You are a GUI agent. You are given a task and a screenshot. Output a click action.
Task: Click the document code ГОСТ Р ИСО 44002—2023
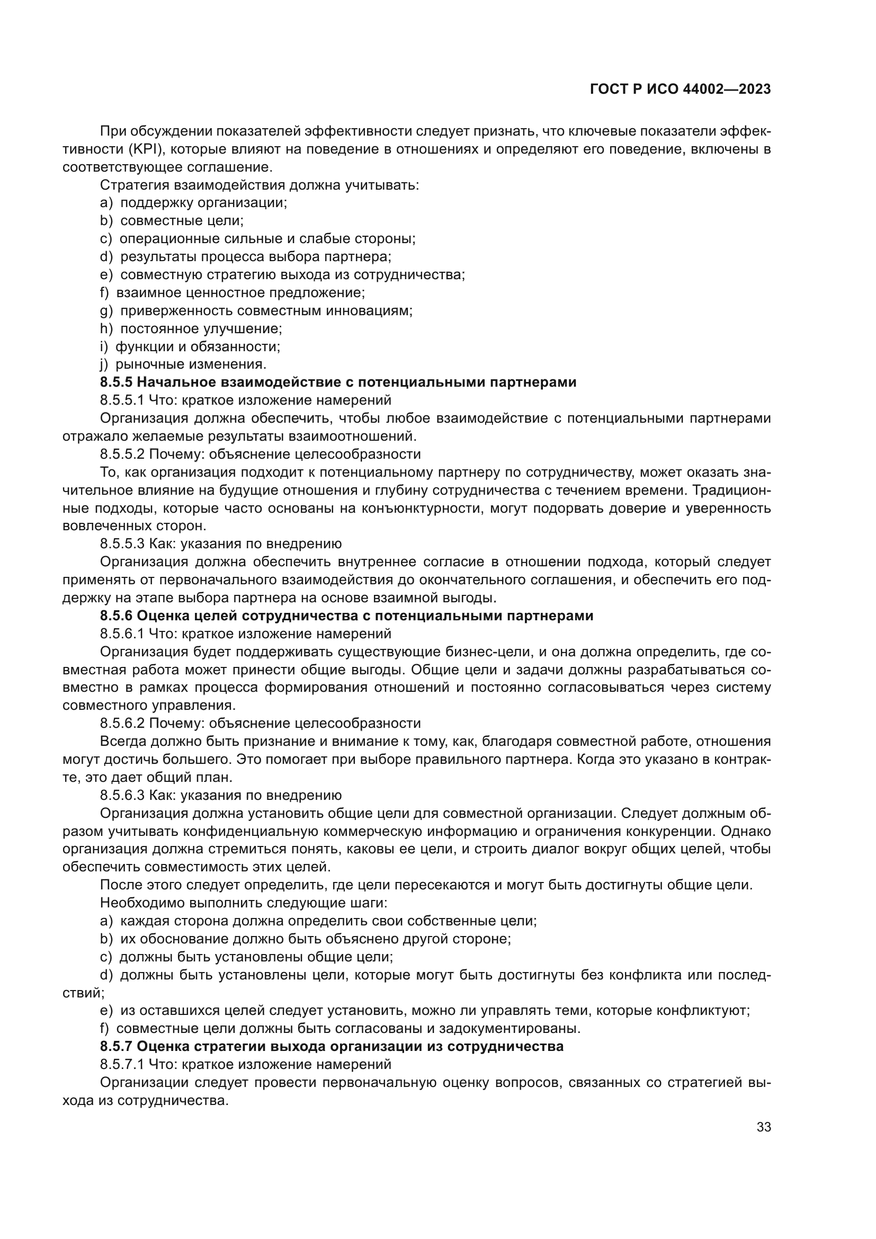(x=680, y=90)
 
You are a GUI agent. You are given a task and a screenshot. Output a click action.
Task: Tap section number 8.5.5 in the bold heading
(x=116, y=382)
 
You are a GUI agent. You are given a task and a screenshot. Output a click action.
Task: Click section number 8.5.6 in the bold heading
(x=116, y=616)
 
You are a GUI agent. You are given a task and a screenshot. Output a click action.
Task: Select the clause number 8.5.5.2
(x=122, y=454)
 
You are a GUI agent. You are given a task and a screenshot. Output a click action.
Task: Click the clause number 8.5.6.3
(x=122, y=796)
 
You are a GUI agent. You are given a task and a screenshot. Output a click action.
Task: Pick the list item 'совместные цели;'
(x=182, y=221)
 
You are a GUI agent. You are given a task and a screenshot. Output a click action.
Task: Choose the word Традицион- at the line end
(x=731, y=491)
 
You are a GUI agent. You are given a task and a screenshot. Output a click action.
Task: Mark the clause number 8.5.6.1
(x=122, y=634)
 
